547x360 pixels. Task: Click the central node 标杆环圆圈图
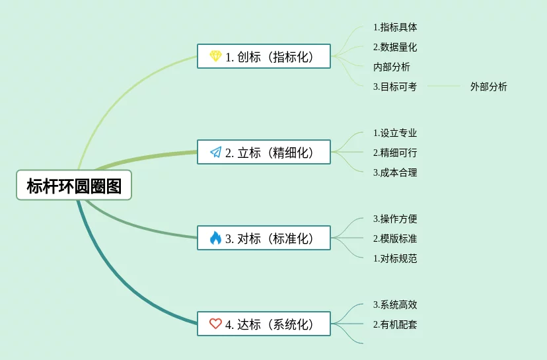pyautogui.click(x=74, y=186)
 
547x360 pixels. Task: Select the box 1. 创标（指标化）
pyautogui.click(x=264, y=56)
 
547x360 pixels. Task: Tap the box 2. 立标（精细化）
pyautogui.click(x=264, y=152)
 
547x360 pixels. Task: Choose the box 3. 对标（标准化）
pyautogui.click(x=264, y=238)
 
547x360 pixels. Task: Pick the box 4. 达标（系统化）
pyautogui.click(x=264, y=324)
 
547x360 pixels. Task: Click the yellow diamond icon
pyautogui.click(x=215, y=56)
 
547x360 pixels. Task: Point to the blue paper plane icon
pyautogui.click(x=215, y=152)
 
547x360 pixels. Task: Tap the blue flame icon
pyautogui.click(x=215, y=238)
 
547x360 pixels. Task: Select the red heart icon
pyautogui.click(x=215, y=324)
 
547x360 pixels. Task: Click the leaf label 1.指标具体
pyautogui.click(x=394, y=27)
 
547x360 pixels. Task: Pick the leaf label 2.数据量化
pyautogui.click(x=394, y=47)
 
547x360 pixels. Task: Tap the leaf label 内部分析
pyautogui.click(x=391, y=67)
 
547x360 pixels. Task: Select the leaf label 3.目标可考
pyautogui.click(x=394, y=87)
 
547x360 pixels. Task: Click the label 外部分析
pyautogui.click(x=488, y=87)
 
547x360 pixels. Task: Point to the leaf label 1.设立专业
pyautogui.click(x=394, y=133)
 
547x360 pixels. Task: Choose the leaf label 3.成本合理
pyautogui.click(x=394, y=172)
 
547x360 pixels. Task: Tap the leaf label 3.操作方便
pyautogui.click(x=394, y=219)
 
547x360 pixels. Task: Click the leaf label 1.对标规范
pyautogui.click(x=394, y=258)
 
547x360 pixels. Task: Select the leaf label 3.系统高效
pyautogui.click(x=394, y=305)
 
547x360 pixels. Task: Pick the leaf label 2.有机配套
pyautogui.click(x=394, y=324)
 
